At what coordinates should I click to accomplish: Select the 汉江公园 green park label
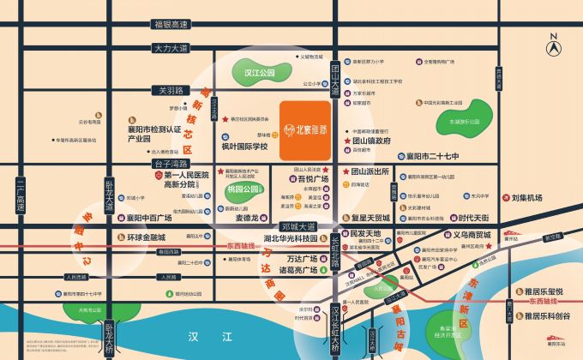(258, 74)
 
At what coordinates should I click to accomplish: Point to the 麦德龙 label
(247, 218)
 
